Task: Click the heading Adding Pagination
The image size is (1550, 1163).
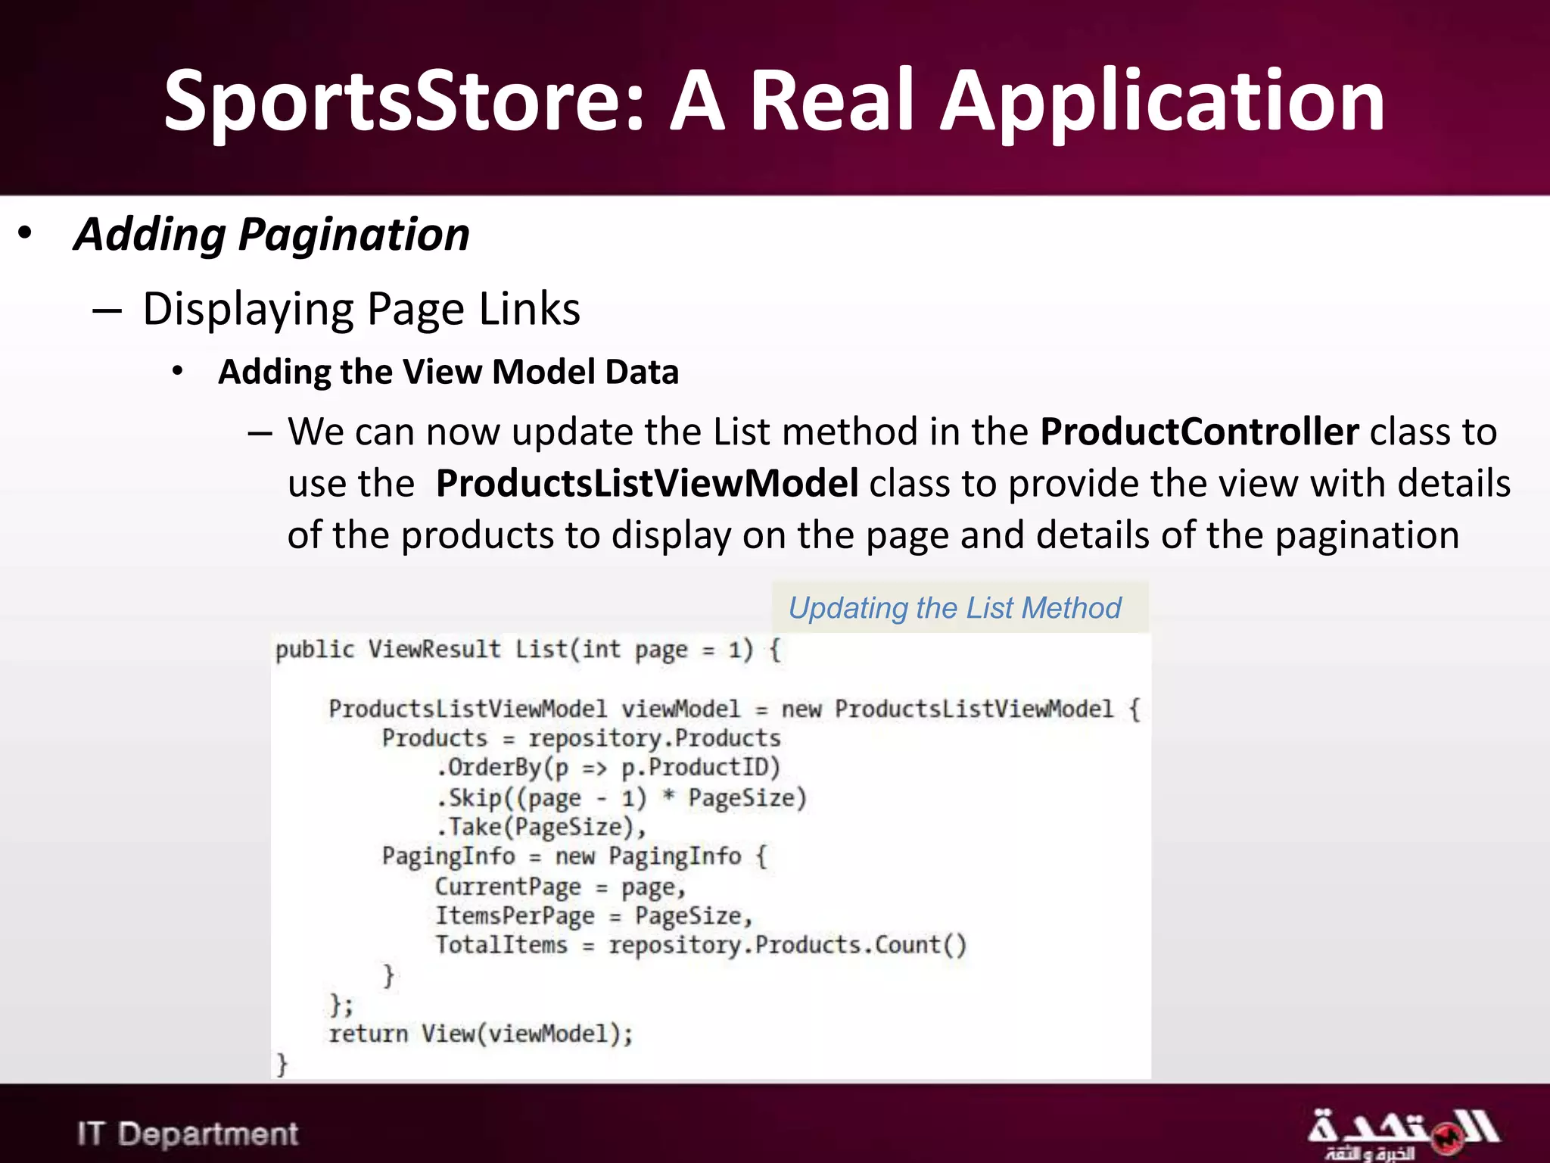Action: click(x=272, y=235)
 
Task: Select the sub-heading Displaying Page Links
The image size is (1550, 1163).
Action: click(x=361, y=309)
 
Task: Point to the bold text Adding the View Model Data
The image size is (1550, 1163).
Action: click(x=448, y=372)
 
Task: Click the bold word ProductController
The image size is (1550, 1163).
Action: click(x=1200, y=432)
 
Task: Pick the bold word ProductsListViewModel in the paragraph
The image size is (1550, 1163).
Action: click(x=647, y=483)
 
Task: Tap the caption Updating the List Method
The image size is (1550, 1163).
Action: click(x=954, y=608)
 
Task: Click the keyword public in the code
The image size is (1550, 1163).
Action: click(x=314, y=650)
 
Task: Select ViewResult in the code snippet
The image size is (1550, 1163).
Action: click(x=434, y=650)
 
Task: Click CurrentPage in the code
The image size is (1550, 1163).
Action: click(x=508, y=887)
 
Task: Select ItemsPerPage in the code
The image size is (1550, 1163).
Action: click(x=515, y=916)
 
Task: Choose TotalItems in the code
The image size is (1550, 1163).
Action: click(x=501, y=946)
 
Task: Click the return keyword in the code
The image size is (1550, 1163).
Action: click(x=368, y=1034)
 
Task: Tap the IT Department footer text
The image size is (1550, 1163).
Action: click(x=188, y=1134)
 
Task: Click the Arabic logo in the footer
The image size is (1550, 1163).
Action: click(x=1402, y=1134)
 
